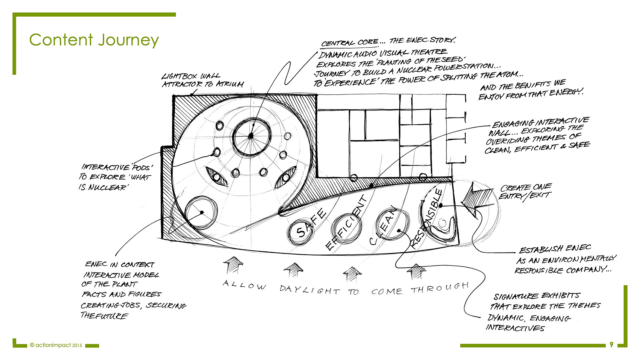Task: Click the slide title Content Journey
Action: tap(94, 40)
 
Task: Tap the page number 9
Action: tap(611, 345)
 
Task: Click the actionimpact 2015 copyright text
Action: tap(56, 345)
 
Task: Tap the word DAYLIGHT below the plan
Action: tap(309, 290)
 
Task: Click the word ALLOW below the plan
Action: tap(244, 285)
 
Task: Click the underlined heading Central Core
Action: tap(350, 43)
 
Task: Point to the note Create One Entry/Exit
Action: tap(525, 191)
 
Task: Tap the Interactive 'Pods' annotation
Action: tap(117, 167)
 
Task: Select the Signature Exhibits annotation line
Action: tap(537, 296)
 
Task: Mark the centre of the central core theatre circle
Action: tap(251, 136)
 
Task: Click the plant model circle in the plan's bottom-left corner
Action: tap(201, 212)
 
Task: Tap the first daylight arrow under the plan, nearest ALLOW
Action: tap(233, 265)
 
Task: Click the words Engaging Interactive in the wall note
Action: tap(540, 122)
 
